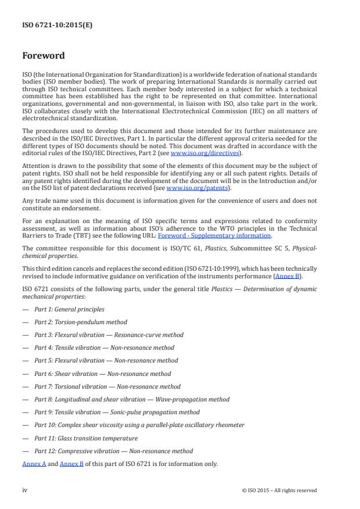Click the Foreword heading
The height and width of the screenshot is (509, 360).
[44, 56]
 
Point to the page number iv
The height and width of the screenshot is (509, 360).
[25, 490]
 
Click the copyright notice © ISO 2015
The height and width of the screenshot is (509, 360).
[279, 490]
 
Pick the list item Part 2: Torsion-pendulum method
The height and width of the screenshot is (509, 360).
[80, 322]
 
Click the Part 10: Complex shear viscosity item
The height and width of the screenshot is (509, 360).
[139, 425]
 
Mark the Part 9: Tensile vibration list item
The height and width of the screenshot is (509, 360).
[117, 413]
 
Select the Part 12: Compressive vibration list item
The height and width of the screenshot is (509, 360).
[113, 451]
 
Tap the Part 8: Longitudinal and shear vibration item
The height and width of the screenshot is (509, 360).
[131, 399]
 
